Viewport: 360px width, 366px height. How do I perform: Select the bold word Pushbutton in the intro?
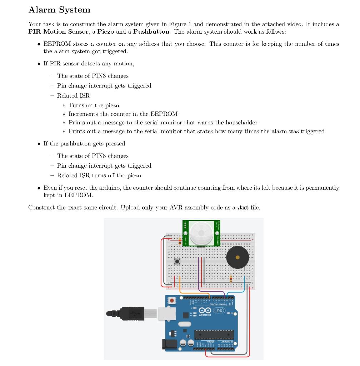(x=151, y=31)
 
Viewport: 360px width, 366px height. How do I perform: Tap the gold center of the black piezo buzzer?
(x=238, y=257)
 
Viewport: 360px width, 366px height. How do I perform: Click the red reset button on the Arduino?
(x=172, y=301)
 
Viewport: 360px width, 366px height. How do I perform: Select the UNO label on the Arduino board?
(x=219, y=310)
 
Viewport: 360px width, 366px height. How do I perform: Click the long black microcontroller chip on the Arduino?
(x=214, y=335)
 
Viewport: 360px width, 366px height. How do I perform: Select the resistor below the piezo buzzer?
(x=231, y=278)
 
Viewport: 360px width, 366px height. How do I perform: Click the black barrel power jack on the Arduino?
(x=169, y=344)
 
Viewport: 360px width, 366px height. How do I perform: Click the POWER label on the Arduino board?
(x=210, y=342)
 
